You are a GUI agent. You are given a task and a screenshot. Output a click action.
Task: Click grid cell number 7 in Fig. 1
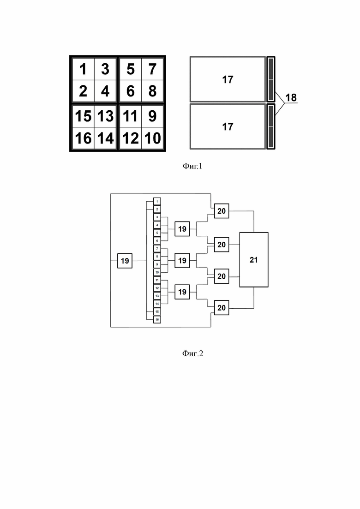[152, 69]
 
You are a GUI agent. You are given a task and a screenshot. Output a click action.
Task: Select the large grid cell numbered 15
[83, 116]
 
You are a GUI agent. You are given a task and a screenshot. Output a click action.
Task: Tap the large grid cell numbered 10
[152, 138]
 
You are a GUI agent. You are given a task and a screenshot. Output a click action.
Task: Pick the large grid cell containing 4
[105, 91]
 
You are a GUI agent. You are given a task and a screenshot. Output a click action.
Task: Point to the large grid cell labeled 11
[131, 116]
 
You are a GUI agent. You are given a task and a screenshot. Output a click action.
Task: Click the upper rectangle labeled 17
[228, 79]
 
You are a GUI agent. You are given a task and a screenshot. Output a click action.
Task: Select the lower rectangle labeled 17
[228, 126]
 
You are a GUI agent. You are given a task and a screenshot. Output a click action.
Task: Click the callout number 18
[291, 97]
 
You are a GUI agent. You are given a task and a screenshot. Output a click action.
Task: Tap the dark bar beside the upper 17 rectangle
[271, 79]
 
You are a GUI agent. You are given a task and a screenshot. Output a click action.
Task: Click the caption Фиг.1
[192, 166]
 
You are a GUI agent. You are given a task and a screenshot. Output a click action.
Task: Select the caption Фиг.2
[192, 353]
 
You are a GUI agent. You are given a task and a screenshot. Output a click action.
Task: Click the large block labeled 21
[254, 260]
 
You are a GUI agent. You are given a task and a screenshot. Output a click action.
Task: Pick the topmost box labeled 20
[222, 211]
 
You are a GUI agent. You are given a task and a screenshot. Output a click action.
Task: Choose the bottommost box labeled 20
[222, 308]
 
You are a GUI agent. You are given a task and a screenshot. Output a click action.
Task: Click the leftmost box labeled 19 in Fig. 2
[125, 261]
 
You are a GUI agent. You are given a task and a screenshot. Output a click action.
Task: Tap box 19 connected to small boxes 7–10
[182, 260]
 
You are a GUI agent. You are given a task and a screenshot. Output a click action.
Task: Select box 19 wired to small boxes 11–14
[182, 292]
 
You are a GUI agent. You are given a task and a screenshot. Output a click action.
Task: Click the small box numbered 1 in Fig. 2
[157, 202]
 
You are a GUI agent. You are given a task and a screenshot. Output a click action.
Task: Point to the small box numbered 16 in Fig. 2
[157, 320]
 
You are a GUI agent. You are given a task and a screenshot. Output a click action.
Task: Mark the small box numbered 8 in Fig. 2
[157, 257]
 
